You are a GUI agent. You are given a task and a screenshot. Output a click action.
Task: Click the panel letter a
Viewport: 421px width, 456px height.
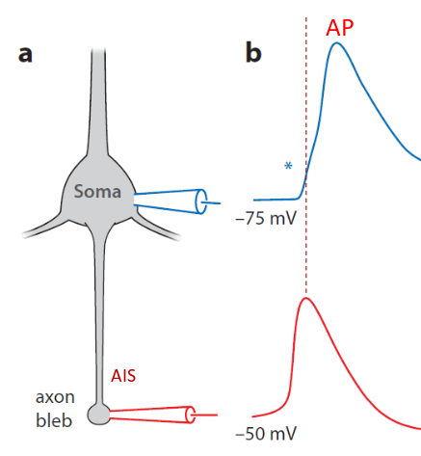25,52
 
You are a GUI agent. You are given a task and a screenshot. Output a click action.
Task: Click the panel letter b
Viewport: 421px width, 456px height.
252,52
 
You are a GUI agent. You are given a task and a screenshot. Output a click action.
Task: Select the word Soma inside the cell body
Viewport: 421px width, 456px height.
98,192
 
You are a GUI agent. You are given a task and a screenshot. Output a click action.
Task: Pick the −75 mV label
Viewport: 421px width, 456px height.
265,218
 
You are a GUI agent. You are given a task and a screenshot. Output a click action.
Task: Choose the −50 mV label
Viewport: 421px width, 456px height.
265,434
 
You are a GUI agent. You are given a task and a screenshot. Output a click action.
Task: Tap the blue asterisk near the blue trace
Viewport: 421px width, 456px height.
288,166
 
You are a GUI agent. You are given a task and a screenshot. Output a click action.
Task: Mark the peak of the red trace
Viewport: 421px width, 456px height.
305,299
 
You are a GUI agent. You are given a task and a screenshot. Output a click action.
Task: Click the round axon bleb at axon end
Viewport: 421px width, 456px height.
98,414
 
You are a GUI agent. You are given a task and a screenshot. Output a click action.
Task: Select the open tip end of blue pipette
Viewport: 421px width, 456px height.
200,201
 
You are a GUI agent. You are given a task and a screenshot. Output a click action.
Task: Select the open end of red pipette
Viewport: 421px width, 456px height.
191,415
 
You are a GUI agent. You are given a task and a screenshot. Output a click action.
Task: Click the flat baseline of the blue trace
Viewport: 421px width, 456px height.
270,200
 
